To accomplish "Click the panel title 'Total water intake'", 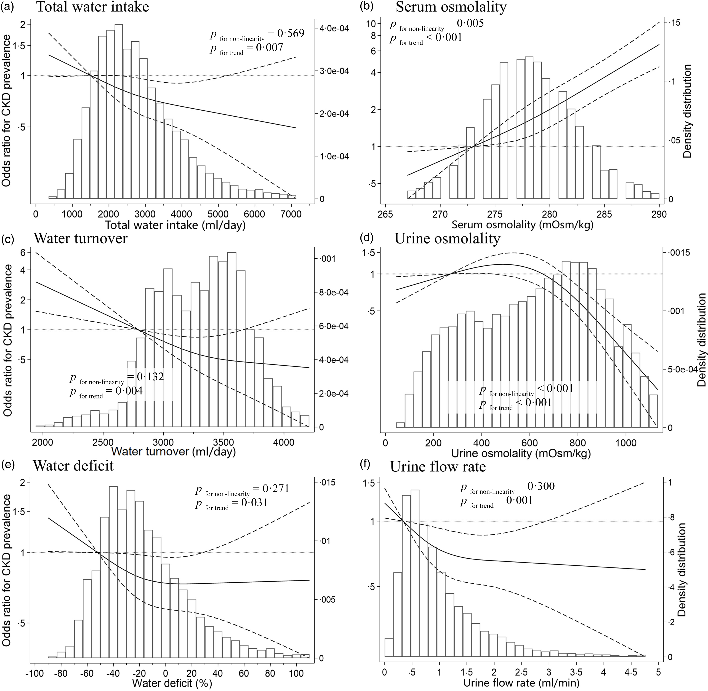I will [x=93, y=7].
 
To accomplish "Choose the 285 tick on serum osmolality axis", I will [x=604, y=214].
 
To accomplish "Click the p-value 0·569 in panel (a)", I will [x=291, y=33].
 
